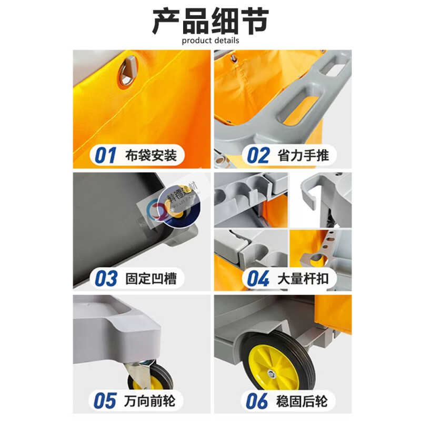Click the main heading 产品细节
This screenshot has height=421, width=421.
click(210, 21)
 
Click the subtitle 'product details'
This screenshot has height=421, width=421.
click(210, 41)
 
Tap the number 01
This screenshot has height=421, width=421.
click(105, 156)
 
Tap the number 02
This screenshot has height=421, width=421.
click(258, 156)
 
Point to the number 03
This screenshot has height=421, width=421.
click(106, 278)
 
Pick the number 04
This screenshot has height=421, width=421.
click(258, 278)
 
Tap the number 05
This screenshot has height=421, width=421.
click(105, 401)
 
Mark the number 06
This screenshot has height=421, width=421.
click(258, 401)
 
